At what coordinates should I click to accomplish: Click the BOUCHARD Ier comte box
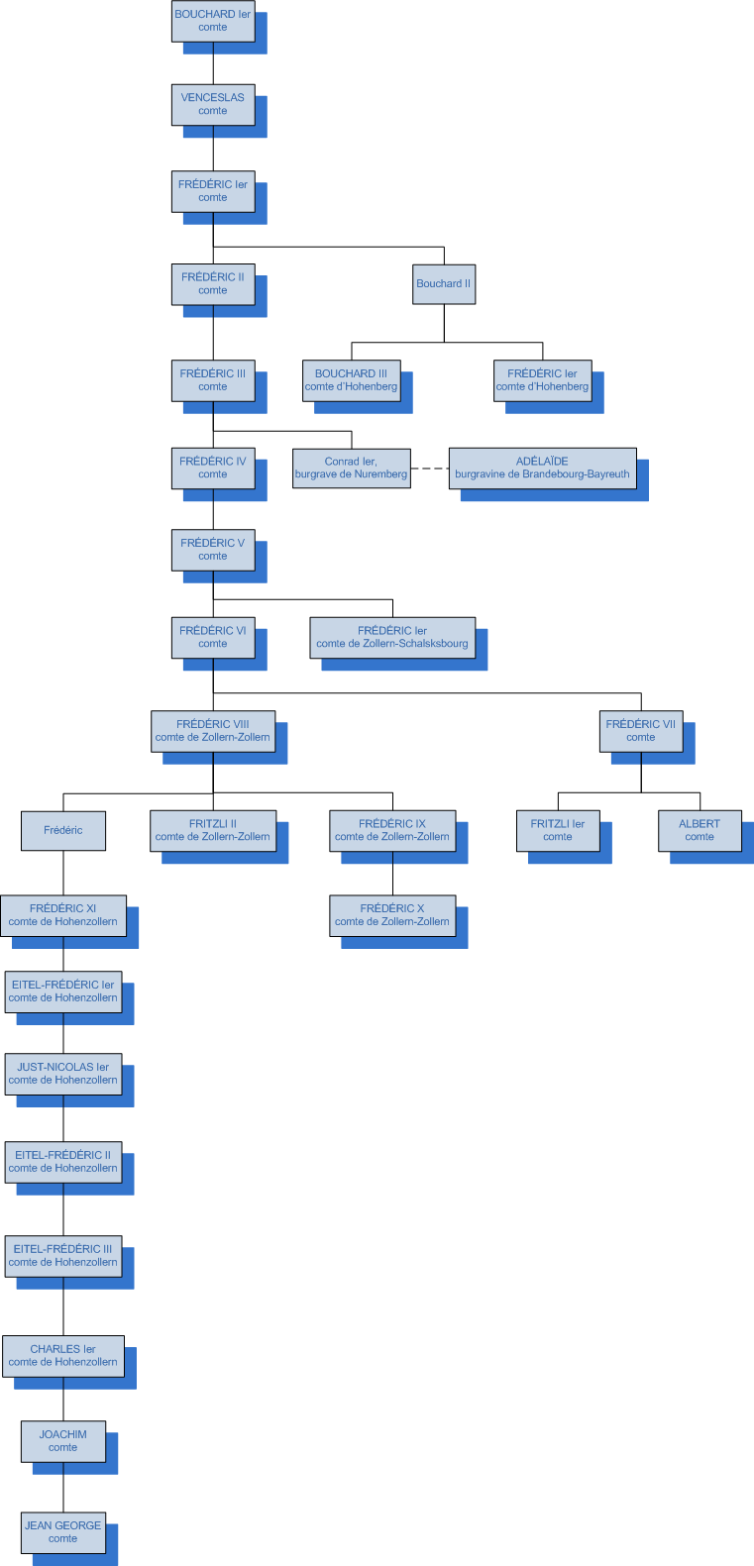pyautogui.click(x=212, y=21)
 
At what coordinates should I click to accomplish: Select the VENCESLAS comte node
pyautogui.click(x=212, y=104)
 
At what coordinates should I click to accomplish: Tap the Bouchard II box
pyautogui.click(x=444, y=283)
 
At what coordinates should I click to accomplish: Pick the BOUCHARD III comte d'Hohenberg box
pyautogui.click(x=351, y=380)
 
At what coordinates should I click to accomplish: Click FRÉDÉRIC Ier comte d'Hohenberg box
pyautogui.click(x=542, y=380)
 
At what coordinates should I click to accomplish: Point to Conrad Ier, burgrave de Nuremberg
pyautogui.click(x=351, y=468)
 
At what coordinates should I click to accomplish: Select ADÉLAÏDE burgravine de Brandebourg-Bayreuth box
pyautogui.click(x=542, y=468)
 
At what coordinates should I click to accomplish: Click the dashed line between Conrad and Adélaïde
pyautogui.click(x=429, y=469)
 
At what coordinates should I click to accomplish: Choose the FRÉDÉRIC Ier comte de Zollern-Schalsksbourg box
pyautogui.click(x=392, y=637)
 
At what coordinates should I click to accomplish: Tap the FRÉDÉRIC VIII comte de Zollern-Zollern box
pyautogui.click(x=212, y=731)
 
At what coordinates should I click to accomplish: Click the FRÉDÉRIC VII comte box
pyautogui.click(x=640, y=731)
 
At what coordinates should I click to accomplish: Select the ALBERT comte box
pyautogui.click(x=699, y=830)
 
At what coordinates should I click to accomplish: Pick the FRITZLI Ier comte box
pyautogui.click(x=557, y=830)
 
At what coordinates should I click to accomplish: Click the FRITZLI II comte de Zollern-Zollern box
pyautogui.click(x=212, y=830)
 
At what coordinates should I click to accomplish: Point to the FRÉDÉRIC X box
pyautogui.click(x=392, y=915)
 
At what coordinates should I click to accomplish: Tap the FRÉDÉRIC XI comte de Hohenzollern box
pyautogui.click(x=63, y=915)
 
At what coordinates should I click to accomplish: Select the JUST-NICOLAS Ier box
pyautogui.click(x=63, y=1074)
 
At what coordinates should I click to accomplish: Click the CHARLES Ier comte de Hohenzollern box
pyautogui.click(x=63, y=1355)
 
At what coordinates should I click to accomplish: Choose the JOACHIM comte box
pyautogui.click(x=63, y=1441)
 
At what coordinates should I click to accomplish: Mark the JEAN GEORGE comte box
pyautogui.click(x=63, y=1532)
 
